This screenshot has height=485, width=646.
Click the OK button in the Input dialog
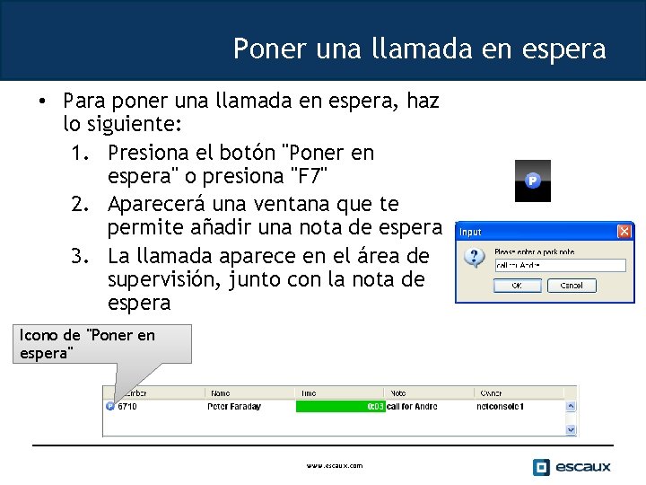pyautogui.click(x=517, y=286)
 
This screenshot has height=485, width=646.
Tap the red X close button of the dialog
pyautogui.click(x=624, y=232)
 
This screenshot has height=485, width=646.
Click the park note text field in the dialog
pyautogui.click(x=560, y=265)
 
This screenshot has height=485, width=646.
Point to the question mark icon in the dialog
pyautogui.click(x=474, y=259)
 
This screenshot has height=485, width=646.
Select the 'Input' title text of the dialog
pyautogui.click(x=471, y=233)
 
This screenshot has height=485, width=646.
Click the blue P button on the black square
pyautogui.click(x=532, y=181)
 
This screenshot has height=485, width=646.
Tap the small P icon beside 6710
pyautogui.click(x=109, y=406)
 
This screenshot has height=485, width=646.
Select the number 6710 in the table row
pyautogui.click(x=127, y=407)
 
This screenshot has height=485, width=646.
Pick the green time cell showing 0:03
pyautogui.click(x=340, y=407)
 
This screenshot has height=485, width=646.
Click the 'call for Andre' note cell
pyautogui.click(x=415, y=407)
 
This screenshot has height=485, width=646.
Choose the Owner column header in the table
pyautogui.click(x=491, y=392)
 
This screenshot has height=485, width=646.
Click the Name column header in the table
pyautogui.click(x=221, y=392)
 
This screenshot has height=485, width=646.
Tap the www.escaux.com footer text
pyautogui.click(x=334, y=466)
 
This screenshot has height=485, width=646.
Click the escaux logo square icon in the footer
pyautogui.click(x=541, y=467)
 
